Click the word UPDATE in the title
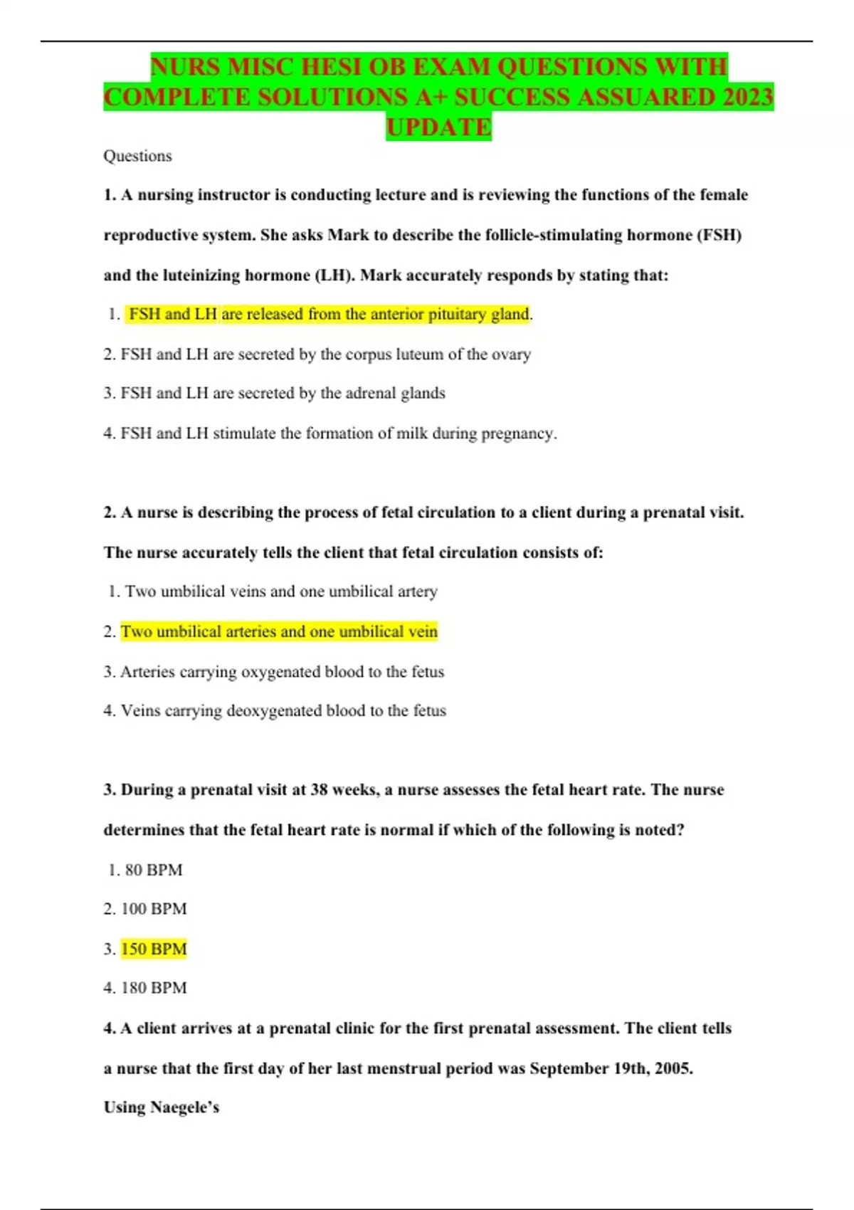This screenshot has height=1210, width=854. (438, 127)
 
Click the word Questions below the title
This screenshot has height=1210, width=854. (137, 156)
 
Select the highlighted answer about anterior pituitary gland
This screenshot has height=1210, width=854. (329, 314)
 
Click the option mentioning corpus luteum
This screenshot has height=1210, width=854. (325, 354)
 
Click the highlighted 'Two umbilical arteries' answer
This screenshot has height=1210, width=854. (279, 631)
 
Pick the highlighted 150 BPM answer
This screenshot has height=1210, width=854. (154, 949)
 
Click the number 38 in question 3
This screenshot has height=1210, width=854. (319, 790)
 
